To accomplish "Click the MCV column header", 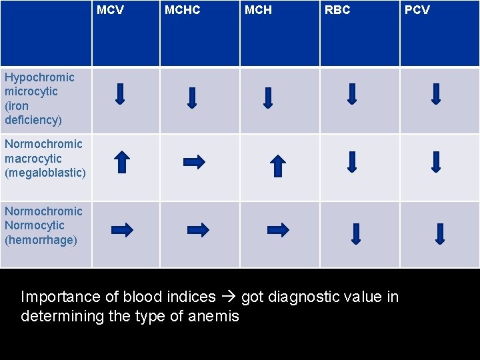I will point(110,10).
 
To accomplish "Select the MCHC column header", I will point(182,10).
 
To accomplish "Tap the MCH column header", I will point(258,10).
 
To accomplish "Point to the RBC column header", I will point(337,10).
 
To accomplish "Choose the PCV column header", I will point(417,10).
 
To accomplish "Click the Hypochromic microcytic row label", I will point(39,99).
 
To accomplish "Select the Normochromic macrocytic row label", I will point(45,159).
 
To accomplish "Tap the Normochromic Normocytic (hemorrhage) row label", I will point(43,225).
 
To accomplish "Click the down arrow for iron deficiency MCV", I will point(120,93).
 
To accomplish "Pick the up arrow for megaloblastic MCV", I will point(121,162).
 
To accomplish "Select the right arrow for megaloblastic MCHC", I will point(194,161).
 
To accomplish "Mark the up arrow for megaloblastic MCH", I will point(278,165).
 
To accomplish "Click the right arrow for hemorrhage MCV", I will point(122,230).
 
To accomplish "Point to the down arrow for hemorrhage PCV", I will point(439,233).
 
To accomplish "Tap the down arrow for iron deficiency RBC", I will point(353,93).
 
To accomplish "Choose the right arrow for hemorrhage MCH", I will point(278,230).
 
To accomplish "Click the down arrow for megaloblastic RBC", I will point(353,161).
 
